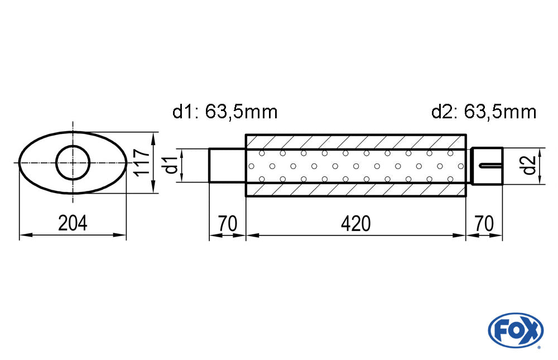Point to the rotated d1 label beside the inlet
(171, 165)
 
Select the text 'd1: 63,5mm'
(225, 112)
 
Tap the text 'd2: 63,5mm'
(483, 112)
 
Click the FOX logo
(515, 330)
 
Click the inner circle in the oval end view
(73, 163)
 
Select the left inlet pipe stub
(227, 165)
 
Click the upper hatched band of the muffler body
(355, 141)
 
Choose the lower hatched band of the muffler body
(355, 190)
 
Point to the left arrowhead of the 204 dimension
(23, 236)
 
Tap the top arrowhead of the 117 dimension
(153, 136)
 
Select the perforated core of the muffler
(355, 166)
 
